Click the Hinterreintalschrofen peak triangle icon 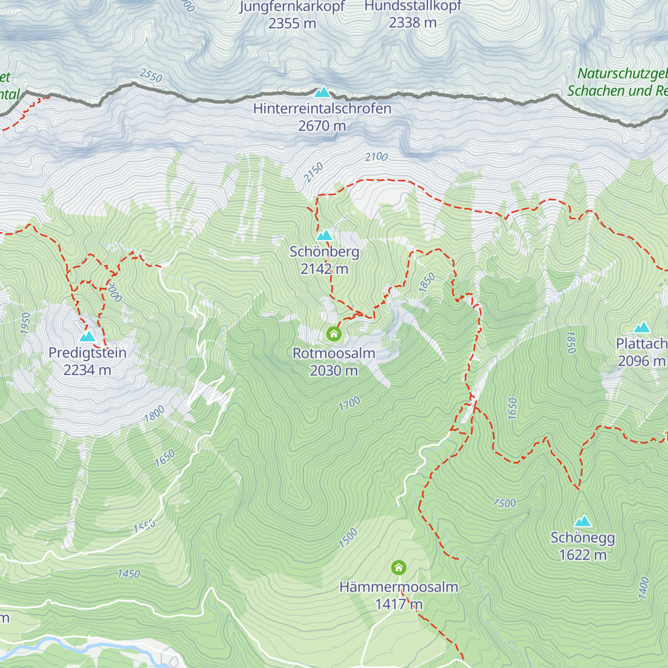pos(322,92)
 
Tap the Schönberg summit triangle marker pos(324,235)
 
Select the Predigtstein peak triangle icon pos(87,336)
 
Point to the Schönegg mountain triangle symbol pos(583,521)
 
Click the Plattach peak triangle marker pos(642,327)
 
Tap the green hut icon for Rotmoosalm pos(333,334)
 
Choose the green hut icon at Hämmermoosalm pos(399,568)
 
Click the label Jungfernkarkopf pos(292,7)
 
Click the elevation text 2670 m pos(322,126)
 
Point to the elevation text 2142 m pos(324,269)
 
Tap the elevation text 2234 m pos(87,370)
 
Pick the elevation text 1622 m pos(583,555)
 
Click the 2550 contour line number pos(151,75)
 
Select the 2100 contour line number pos(376,157)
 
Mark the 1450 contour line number pos(129,574)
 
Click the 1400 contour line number pos(644,588)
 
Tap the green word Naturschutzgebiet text pos(622,73)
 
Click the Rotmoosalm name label pos(333,353)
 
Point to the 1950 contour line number pos(26,323)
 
